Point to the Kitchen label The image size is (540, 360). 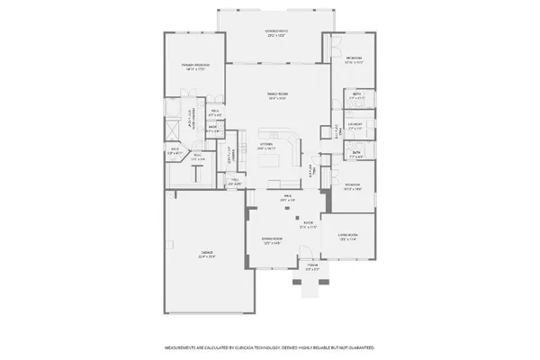[x=266, y=146]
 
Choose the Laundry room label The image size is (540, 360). [x=355, y=125]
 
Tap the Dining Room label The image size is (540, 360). [x=273, y=241]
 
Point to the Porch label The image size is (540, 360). [x=312, y=266]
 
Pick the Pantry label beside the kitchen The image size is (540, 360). [x=230, y=156]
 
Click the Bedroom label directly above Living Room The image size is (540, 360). [x=352, y=187]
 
